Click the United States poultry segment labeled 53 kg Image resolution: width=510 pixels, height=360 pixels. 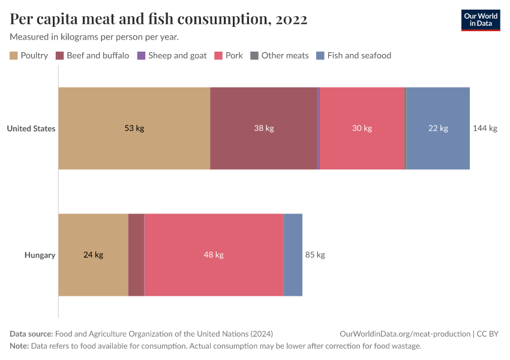coord(134,128)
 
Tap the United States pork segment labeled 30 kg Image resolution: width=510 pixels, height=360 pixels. coord(362,128)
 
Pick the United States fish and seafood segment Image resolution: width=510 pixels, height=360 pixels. coord(438,128)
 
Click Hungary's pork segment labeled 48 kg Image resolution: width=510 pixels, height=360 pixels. coord(214,254)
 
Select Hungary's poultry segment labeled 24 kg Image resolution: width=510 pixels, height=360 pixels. coord(93,254)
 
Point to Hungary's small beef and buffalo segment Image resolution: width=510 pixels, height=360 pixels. coord(136,254)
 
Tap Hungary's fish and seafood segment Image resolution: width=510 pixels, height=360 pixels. coord(293,254)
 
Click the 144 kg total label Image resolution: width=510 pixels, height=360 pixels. coord(485,128)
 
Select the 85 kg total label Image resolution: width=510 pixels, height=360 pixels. coord(315,254)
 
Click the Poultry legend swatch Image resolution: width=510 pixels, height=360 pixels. coord(14,56)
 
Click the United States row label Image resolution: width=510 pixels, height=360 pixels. coord(31,128)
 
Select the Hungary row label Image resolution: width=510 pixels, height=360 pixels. coord(40,255)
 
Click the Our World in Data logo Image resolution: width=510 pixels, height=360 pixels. coord(480,19)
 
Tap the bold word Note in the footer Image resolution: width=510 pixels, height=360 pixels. coord(20,346)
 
